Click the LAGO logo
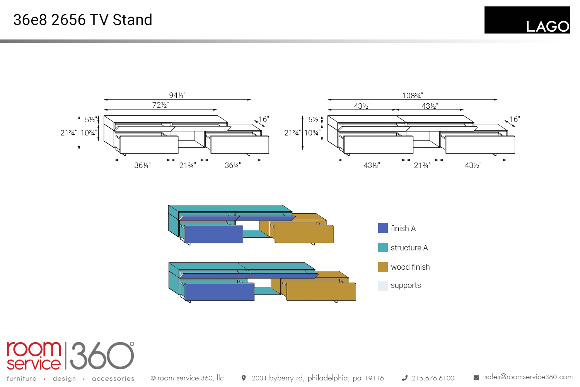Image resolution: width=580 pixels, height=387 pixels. click(x=527, y=20)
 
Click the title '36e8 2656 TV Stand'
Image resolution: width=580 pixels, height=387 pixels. click(x=83, y=20)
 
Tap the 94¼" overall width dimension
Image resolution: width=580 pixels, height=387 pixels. click(x=177, y=95)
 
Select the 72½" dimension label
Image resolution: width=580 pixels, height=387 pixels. click(x=160, y=105)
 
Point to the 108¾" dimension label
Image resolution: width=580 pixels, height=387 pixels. click(x=413, y=95)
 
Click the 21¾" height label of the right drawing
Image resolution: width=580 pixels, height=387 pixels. click(x=292, y=133)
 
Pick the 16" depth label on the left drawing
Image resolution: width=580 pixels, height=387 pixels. click(x=264, y=119)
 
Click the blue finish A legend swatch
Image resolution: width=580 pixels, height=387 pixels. click(x=383, y=228)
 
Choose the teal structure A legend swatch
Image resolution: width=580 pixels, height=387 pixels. click(x=383, y=248)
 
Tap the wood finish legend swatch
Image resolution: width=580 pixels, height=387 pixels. click(x=383, y=267)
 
